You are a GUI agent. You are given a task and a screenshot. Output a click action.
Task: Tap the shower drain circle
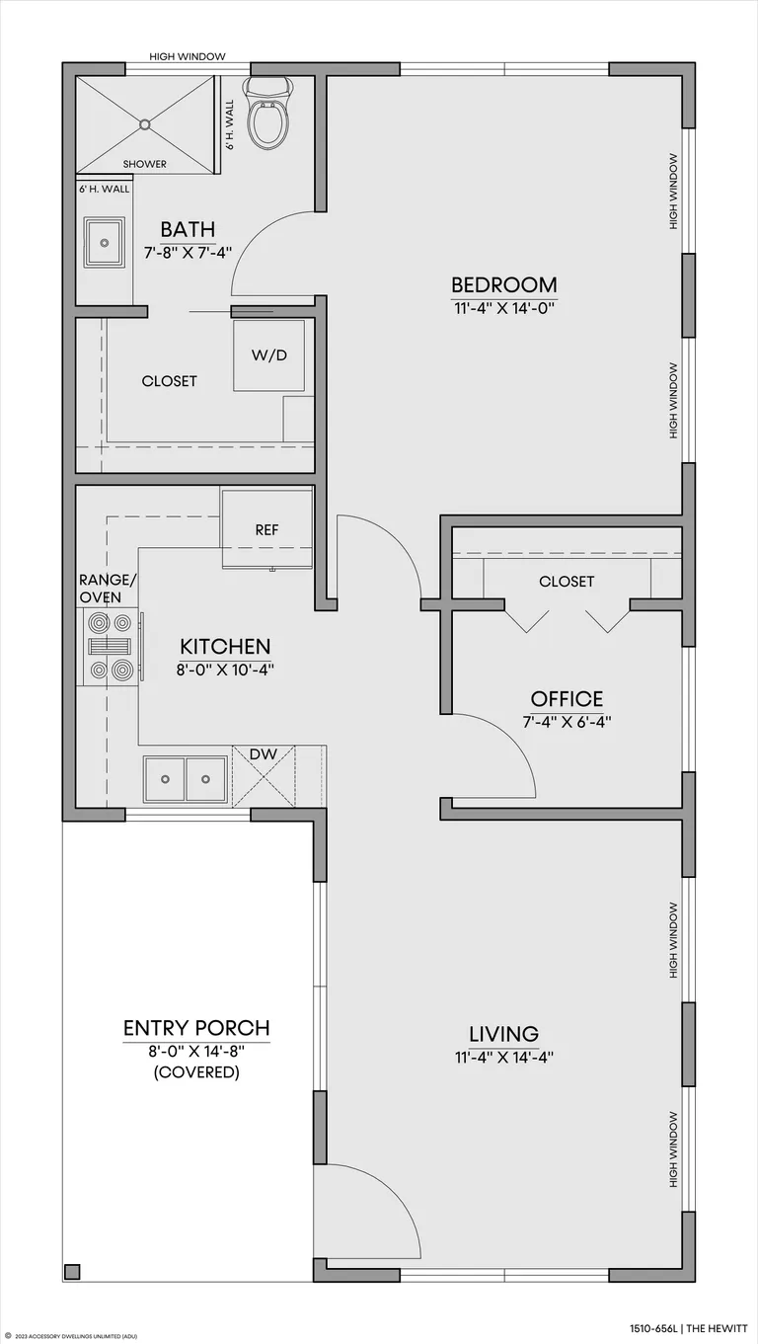(144, 124)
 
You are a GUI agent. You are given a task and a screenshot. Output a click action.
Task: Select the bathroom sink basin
(105, 242)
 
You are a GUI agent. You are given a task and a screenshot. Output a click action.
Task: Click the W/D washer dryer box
(269, 356)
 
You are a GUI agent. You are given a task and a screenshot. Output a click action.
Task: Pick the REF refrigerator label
(266, 530)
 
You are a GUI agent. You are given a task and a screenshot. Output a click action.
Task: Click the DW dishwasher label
(264, 754)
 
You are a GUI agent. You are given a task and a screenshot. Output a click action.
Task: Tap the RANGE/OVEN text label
(108, 588)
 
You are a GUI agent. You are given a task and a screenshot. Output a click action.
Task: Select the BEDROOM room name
(503, 283)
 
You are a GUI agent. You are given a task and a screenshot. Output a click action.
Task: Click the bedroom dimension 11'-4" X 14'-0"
(503, 308)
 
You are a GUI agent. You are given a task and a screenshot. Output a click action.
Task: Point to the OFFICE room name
(567, 698)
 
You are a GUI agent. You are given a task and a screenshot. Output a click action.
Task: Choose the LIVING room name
(503, 1034)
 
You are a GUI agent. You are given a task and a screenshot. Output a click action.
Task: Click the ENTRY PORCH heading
(196, 1028)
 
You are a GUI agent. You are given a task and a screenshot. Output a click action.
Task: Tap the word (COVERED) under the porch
(196, 1071)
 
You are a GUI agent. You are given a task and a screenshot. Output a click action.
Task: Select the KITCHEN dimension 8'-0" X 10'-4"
(225, 670)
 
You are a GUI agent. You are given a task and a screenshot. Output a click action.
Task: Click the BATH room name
(188, 229)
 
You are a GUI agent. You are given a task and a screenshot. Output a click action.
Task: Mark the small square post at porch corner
(73, 1271)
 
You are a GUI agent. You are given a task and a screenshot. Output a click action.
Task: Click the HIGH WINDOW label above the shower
(188, 56)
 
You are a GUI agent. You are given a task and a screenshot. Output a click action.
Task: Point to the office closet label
(567, 582)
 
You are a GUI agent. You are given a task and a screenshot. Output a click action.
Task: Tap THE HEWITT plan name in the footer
(718, 1324)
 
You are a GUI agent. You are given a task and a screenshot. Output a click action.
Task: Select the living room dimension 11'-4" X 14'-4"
(503, 1058)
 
